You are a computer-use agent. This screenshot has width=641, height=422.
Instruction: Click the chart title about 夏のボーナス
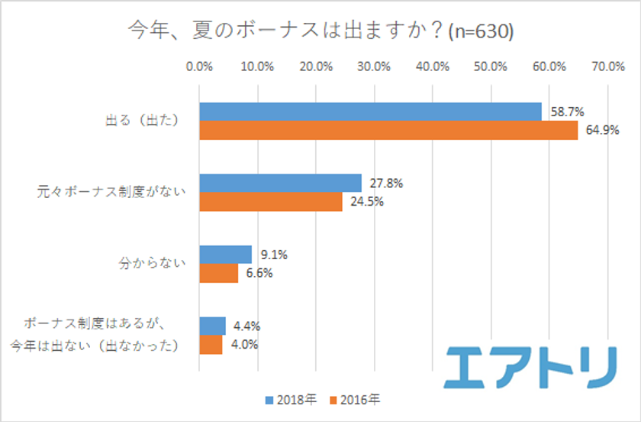tap(320, 31)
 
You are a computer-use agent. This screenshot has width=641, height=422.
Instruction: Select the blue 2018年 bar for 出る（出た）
tap(370, 112)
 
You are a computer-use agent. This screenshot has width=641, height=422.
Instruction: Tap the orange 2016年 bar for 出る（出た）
tap(388, 131)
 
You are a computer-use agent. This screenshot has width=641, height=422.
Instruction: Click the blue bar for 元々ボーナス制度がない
tap(280, 183)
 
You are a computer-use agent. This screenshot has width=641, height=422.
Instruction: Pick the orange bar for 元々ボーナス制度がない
tap(271, 202)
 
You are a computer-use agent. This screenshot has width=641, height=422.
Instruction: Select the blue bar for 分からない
tap(225, 255)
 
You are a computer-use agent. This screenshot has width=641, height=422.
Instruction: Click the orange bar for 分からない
tap(218, 274)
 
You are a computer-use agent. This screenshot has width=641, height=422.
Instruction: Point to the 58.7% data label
tap(568, 112)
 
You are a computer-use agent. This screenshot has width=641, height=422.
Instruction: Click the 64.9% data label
tap(603, 131)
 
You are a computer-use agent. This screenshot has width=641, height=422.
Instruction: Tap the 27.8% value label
tap(387, 183)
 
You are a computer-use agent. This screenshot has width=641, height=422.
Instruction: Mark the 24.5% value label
tap(368, 202)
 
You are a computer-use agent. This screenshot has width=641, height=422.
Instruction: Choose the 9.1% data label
tap(274, 255)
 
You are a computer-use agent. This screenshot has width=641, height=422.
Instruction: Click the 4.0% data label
tap(246, 344)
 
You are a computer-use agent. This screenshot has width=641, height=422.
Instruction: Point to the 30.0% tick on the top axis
tap(374, 67)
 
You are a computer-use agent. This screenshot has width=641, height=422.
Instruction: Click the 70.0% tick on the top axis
tap(607, 67)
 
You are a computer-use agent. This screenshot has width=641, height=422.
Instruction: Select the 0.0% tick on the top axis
tap(199, 67)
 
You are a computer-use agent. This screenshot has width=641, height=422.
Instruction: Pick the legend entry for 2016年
tap(357, 400)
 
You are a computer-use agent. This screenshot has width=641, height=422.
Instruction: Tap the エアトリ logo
tap(531, 365)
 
